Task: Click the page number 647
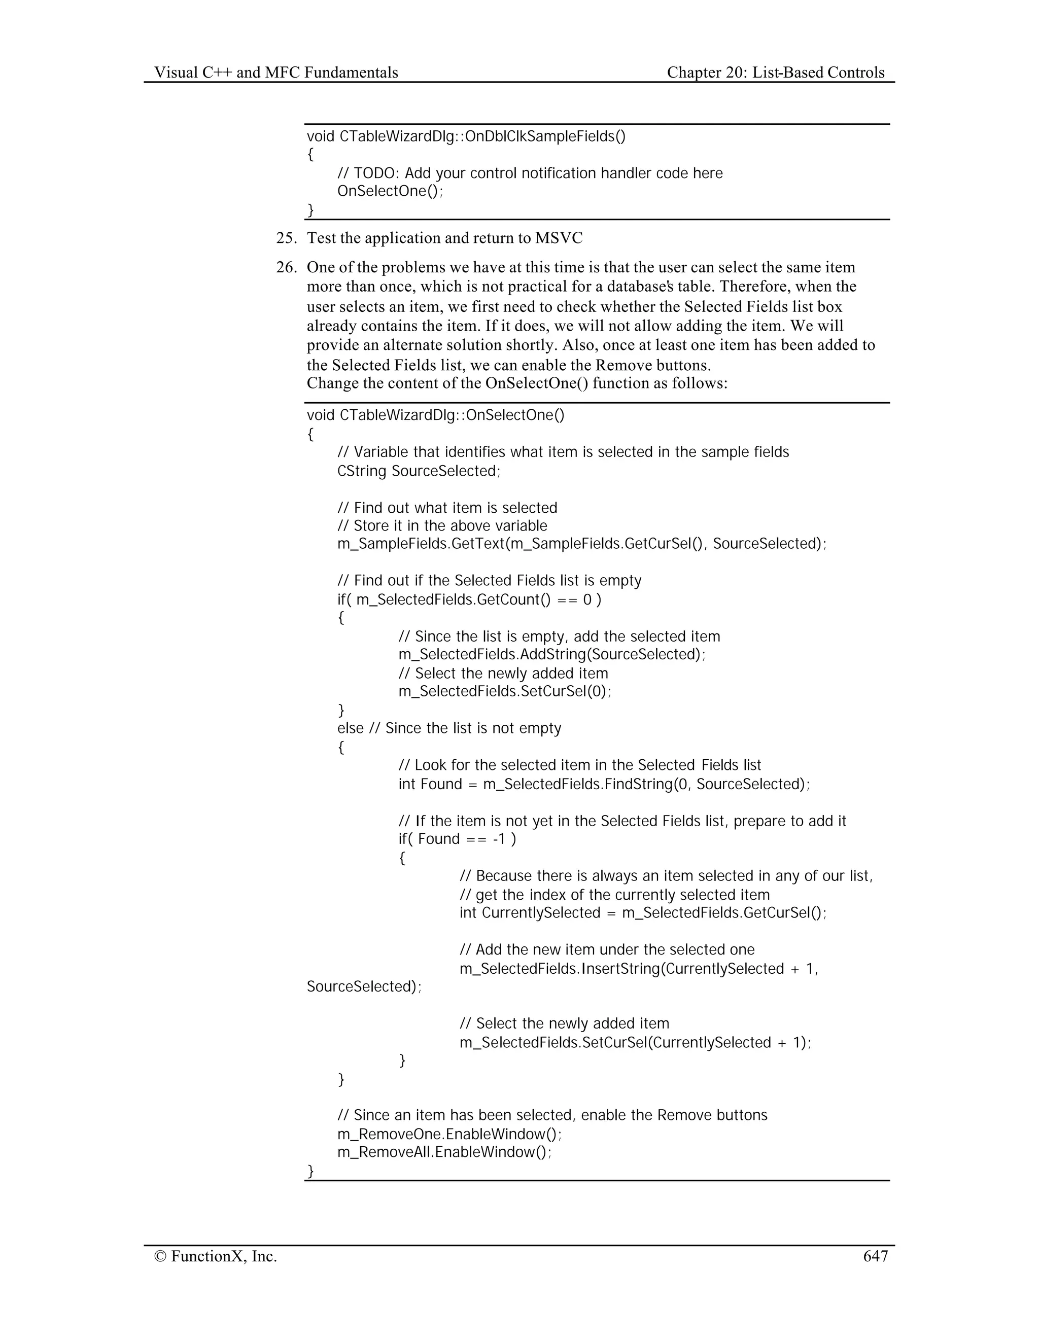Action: (875, 1256)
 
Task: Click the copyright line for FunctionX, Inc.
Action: (216, 1256)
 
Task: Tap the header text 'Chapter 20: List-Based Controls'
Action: (776, 73)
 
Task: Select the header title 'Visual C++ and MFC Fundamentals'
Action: (276, 73)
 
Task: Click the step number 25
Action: (286, 238)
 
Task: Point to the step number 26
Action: (286, 268)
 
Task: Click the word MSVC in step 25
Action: (558, 238)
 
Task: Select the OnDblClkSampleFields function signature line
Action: (466, 136)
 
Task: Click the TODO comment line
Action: (530, 173)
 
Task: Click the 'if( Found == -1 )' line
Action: (457, 839)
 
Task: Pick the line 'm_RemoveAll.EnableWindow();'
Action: (444, 1152)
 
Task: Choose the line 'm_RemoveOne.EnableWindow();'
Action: (449, 1134)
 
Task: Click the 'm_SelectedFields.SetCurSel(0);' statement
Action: (505, 691)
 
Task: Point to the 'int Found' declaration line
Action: (604, 784)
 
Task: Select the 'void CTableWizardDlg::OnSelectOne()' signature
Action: (435, 415)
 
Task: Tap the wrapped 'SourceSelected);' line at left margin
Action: (364, 986)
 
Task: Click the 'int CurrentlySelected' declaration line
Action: (643, 912)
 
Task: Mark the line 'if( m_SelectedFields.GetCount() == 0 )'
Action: (469, 599)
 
